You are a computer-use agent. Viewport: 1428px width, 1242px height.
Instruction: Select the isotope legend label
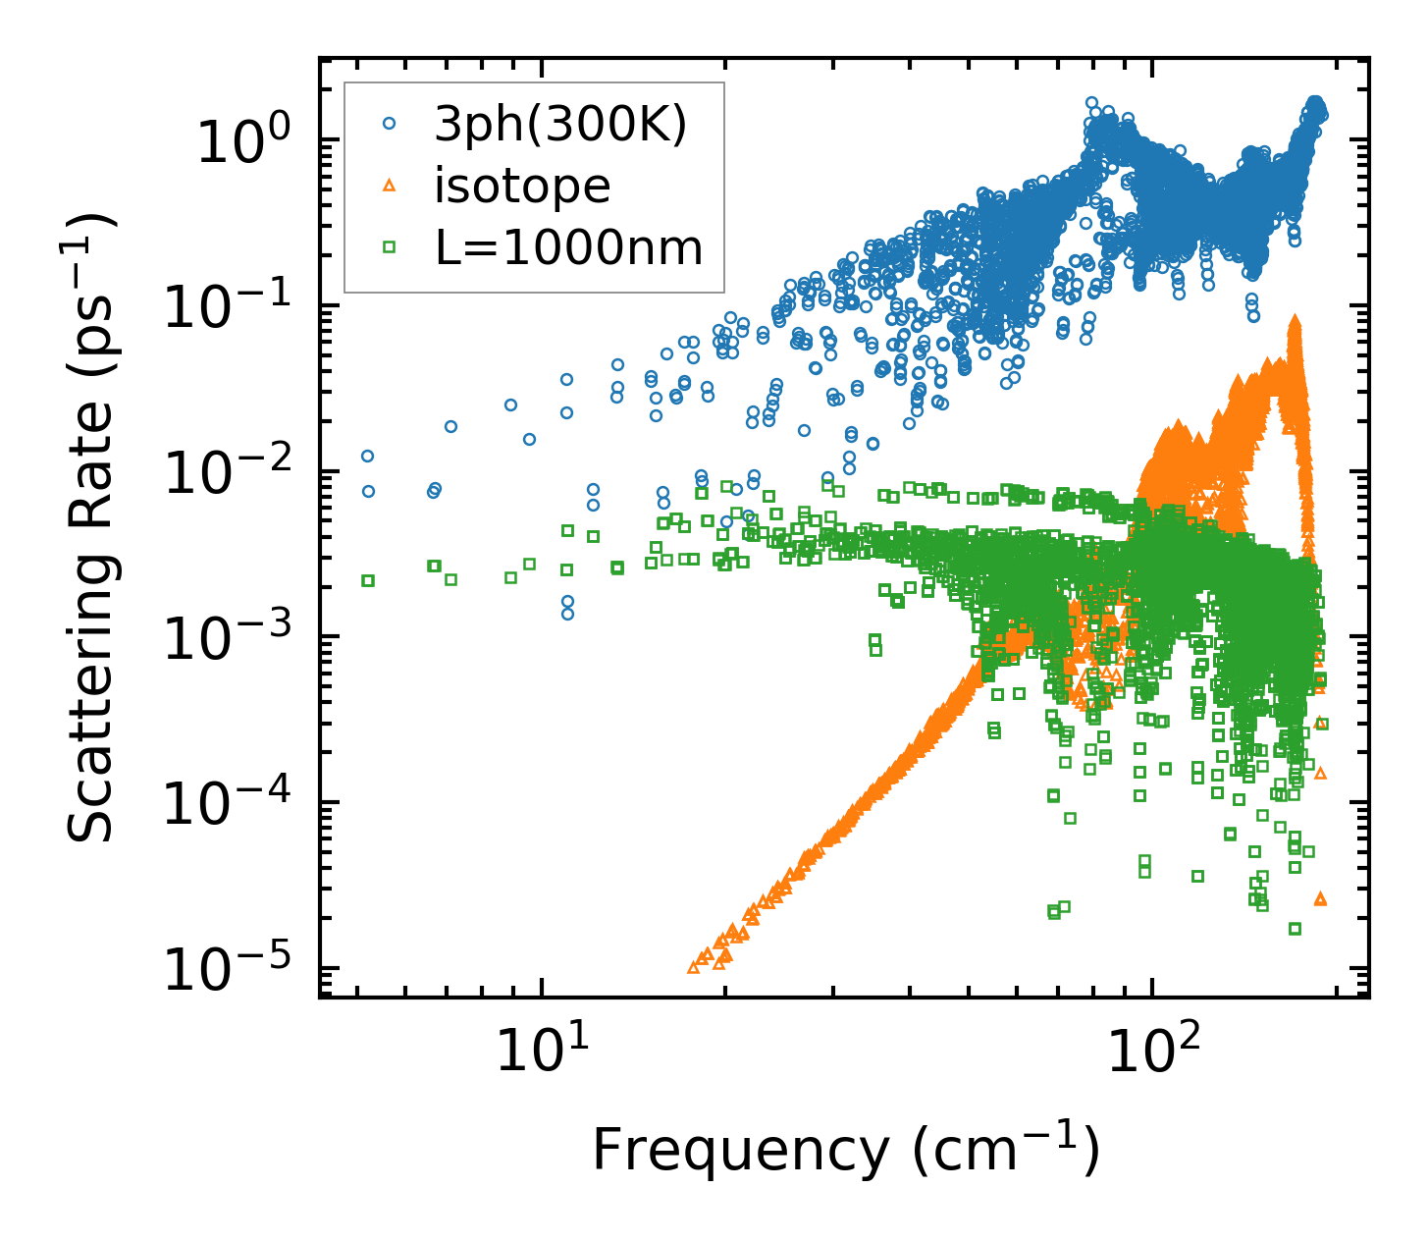(x=522, y=185)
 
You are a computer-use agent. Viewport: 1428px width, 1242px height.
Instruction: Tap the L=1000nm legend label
(x=569, y=247)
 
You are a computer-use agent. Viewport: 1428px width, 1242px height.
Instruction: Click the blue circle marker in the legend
(x=390, y=124)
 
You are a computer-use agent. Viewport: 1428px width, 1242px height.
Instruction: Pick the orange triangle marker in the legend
(x=390, y=185)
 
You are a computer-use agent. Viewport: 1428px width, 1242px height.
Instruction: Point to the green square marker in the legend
(x=390, y=247)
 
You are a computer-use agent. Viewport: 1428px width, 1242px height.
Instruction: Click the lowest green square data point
(x=1295, y=929)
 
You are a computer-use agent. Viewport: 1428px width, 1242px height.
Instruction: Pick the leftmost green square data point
(x=368, y=580)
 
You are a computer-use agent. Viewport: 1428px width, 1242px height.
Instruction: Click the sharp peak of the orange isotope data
(x=1295, y=320)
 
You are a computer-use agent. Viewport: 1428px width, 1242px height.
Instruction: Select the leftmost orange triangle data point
(x=693, y=967)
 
